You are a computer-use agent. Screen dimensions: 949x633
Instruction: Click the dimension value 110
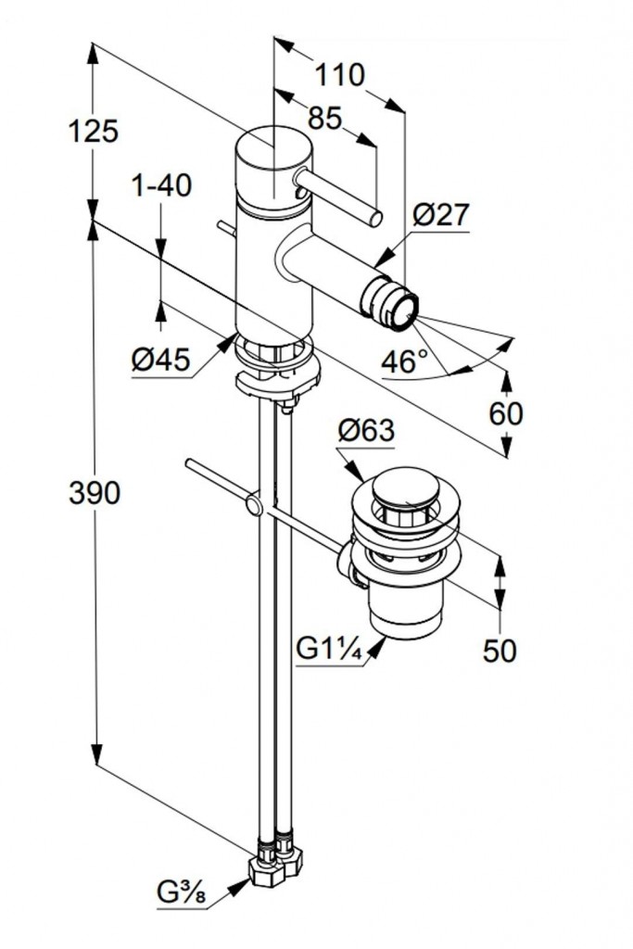pyautogui.click(x=338, y=74)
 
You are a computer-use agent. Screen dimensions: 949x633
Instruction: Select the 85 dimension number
pyautogui.click(x=323, y=119)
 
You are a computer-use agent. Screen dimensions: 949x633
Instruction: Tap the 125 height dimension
pyautogui.click(x=94, y=132)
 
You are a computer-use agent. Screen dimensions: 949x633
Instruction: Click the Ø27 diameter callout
pyautogui.click(x=441, y=215)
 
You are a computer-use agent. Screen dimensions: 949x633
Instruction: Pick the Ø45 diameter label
pyautogui.click(x=161, y=360)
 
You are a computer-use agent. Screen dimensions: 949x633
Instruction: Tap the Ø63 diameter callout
pyautogui.click(x=366, y=431)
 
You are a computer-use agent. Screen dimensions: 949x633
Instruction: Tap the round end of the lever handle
pyautogui.click(x=375, y=219)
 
